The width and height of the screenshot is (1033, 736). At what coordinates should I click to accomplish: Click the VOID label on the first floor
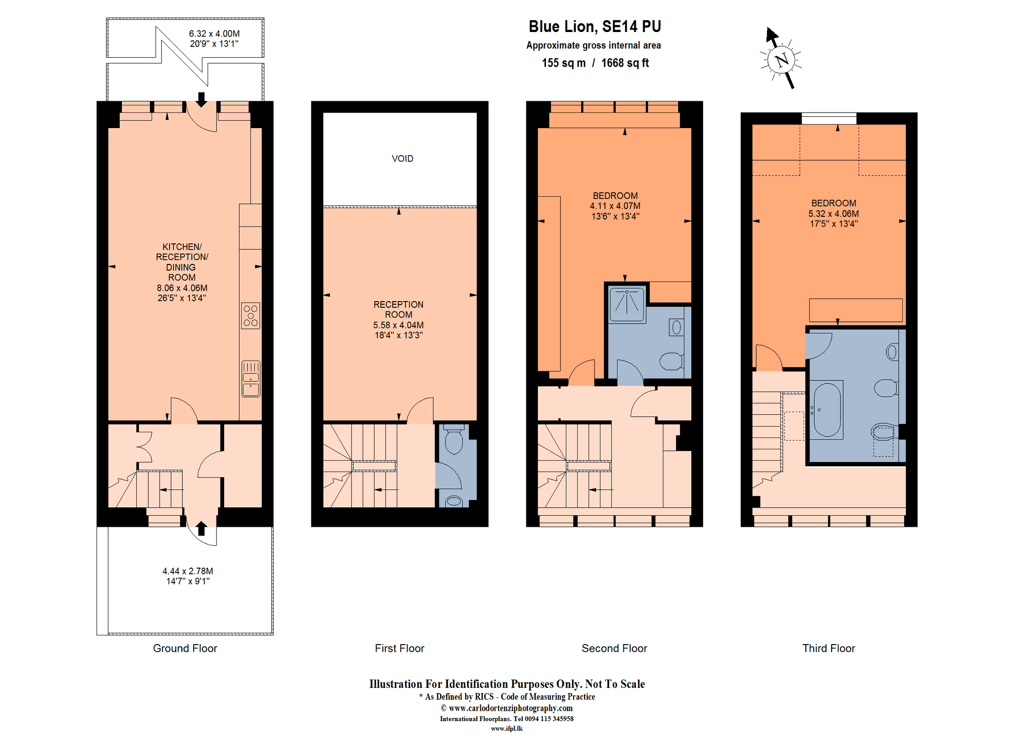pos(402,159)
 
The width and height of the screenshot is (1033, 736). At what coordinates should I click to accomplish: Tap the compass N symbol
pos(781,60)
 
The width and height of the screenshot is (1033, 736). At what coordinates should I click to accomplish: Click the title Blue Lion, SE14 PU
pos(594,26)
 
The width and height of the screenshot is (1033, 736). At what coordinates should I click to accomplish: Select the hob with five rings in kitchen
pos(251,316)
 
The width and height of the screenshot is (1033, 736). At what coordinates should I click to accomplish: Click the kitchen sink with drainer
pos(251,379)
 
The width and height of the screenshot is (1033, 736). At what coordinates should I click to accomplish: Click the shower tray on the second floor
pos(627,305)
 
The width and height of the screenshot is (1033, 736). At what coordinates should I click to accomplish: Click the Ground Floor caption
pos(185,648)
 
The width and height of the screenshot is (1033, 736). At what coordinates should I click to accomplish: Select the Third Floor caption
pos(828,648)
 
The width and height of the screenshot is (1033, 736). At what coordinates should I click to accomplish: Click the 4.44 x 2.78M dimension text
pos(187,571)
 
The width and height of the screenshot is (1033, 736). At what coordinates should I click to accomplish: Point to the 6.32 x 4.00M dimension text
pos(214,34)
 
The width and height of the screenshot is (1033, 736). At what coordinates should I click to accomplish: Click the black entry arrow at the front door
pos(201,528)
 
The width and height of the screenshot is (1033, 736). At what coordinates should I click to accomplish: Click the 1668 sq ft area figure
pos(625,63)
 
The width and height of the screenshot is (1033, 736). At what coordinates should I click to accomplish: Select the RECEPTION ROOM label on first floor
pos(398,309)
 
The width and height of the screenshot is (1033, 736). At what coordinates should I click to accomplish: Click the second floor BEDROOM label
pos(615,196)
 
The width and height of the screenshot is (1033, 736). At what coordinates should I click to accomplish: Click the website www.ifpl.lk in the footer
pos(507,729)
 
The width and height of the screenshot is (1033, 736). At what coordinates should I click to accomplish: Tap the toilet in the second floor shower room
pos(671,361)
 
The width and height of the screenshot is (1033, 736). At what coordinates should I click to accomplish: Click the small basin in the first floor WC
pos(454,500)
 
